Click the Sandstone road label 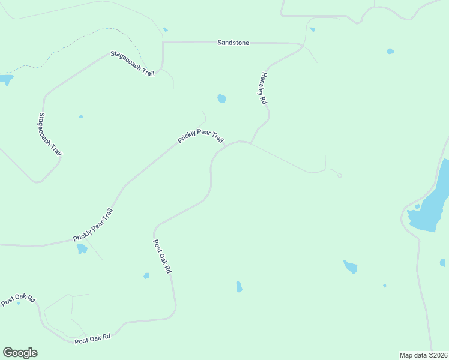pyautogui.click(x=233, y=43)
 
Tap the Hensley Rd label pyautogui.click(x=263, y=89)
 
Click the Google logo pyautogui.click(x=20, y=353)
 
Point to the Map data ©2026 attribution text pyautogui.click(x=423, y=355)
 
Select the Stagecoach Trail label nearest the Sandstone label pyautogui.click(x=133, y=63)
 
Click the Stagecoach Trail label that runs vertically pyautogui.click(x=50, y=134)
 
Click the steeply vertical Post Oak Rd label pyautogui.click(x=162, y=257)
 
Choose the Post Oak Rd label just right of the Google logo pyautogui.click(x=92, y=339)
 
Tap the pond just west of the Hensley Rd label pyautogui.click(x=222, y=98)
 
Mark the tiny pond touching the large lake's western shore pyautogui.click(x=417, y=207)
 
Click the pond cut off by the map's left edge pyautogui.click(x=5, y=79)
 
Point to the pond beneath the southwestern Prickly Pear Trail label pyautogui.click(x=82, y=248)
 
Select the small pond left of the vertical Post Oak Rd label pyautogui.click(x=146, y=276)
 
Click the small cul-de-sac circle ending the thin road pyautogui.click(x=340, y=175)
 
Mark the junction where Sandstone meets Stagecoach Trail pyautogui.click(x=163, y=42)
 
